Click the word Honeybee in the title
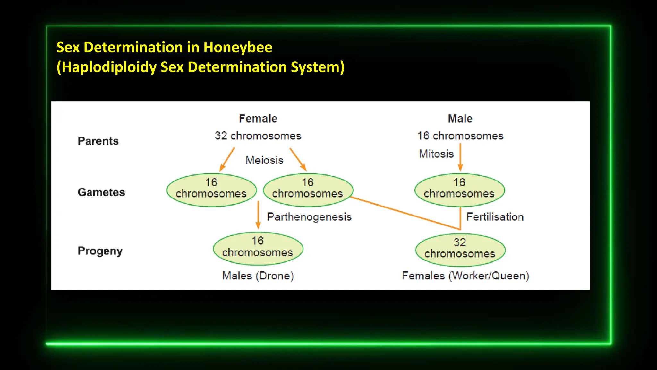(238, 48)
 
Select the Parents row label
(98, 141)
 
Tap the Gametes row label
(101, 192)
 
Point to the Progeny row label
(100, 251)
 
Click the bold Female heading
(258, 119)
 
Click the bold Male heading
(460, 119)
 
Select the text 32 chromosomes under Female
(258, 136)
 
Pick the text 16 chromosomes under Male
(460, 136)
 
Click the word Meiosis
(264, 160)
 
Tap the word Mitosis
(436, 154)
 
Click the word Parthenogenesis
(309, 217)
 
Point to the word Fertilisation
(495, 217)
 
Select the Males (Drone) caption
(258, 276)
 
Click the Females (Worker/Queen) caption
(465, 276)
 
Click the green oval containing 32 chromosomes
(460, 250)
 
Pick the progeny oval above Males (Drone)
(258, 249)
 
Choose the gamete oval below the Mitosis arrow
(459, 190)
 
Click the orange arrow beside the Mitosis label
(460, 157)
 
